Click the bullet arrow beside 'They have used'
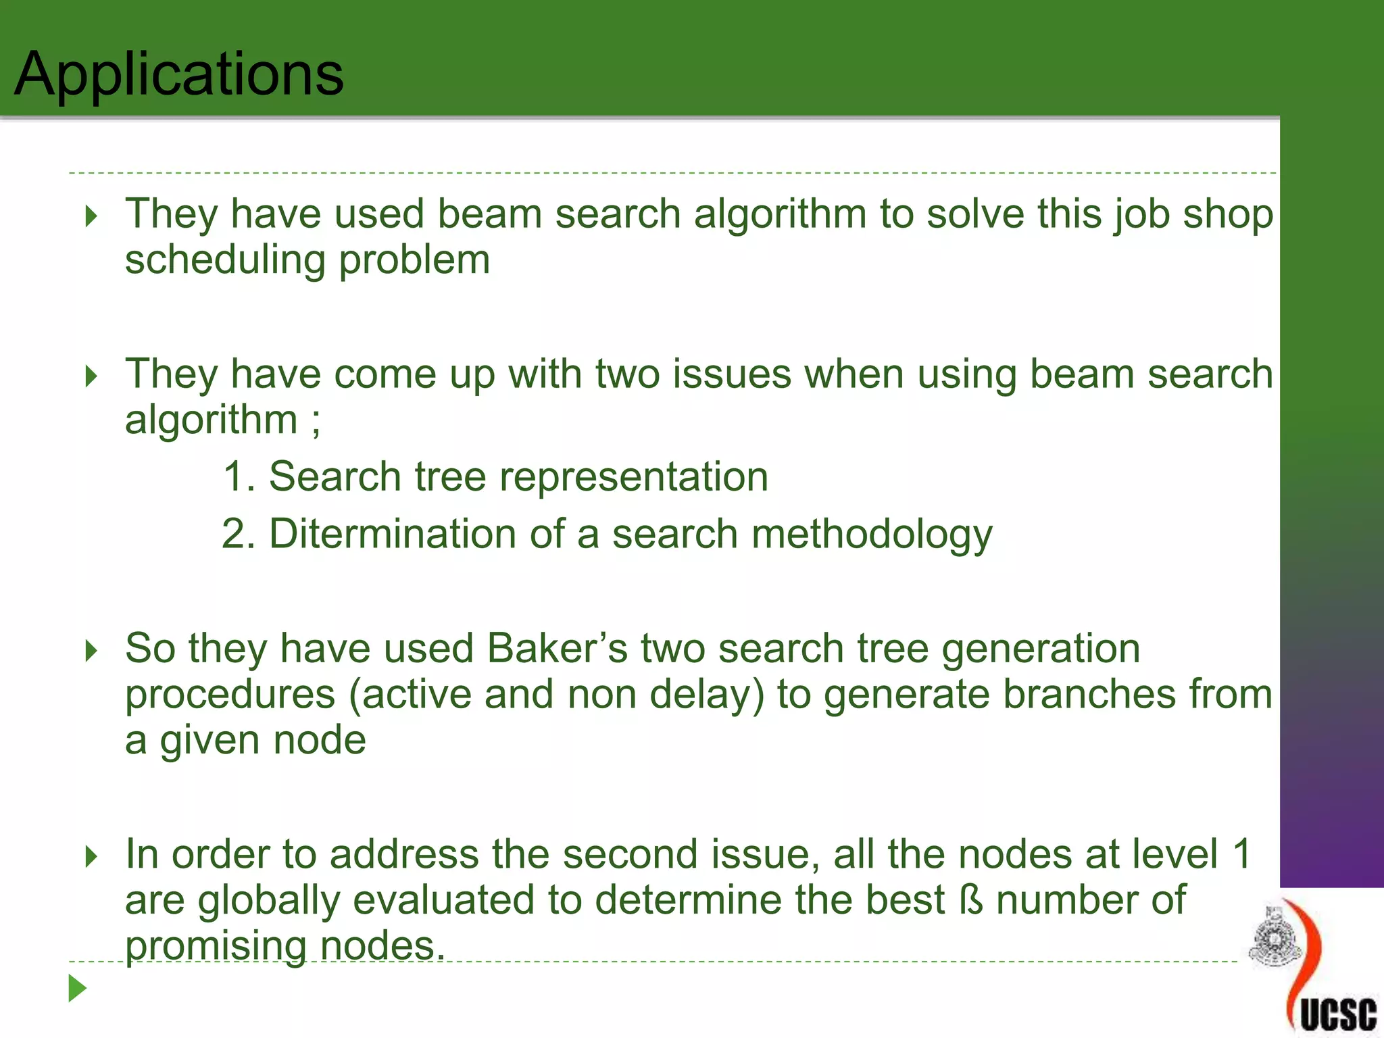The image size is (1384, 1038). click(92, 216)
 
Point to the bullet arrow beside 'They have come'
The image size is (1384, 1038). click(92, 376)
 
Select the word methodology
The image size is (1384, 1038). click(872, 535)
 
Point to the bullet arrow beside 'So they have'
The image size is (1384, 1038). click(92, 651)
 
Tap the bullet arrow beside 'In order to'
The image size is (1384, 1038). click(92, 857)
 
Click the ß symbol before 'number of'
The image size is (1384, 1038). click(971, 900)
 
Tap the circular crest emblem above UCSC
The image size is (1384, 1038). click(1274, 938)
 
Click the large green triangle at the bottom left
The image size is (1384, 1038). click(77, 989)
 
